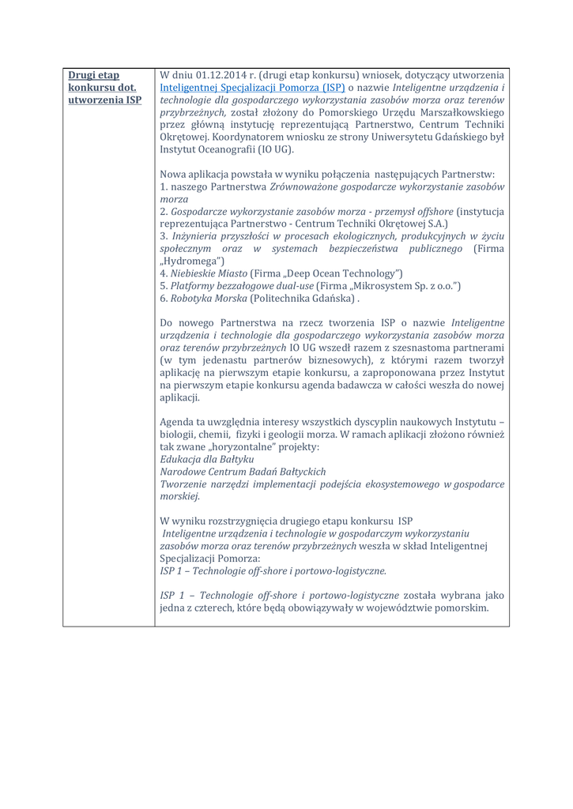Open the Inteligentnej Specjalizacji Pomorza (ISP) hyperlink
tap(252, 88)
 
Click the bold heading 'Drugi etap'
tap(93, 75)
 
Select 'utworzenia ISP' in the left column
tap(105, 100)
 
